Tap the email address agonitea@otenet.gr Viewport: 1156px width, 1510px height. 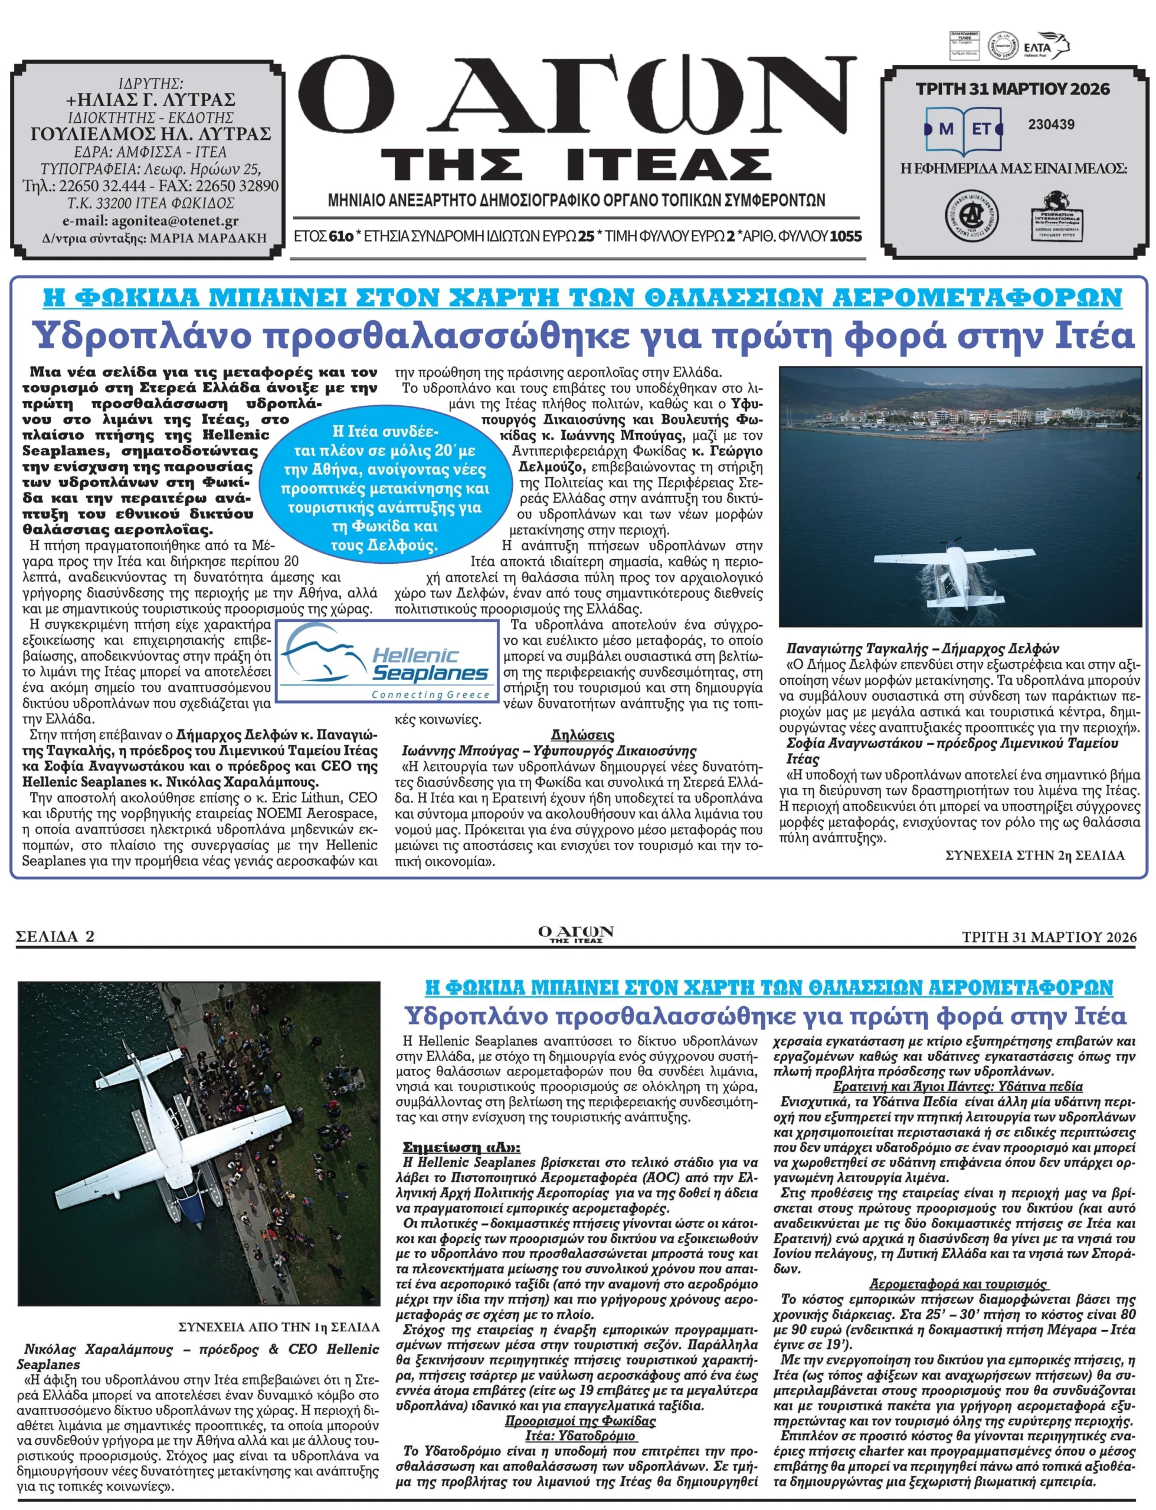[x=150, y=221]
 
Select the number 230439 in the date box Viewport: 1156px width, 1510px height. [x=1051, y=124]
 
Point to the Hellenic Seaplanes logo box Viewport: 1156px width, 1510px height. [x=387, y=661]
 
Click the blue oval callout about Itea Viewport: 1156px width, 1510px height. [x=385, y=488]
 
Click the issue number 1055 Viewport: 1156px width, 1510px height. [x=846, y=237]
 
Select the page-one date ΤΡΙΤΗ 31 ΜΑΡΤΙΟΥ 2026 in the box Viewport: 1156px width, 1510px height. [x=1013, y=88]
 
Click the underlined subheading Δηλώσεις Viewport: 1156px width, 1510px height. [x=582, y=734]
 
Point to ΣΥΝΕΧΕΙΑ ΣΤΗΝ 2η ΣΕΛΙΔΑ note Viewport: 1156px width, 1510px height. [x=1035, y=855]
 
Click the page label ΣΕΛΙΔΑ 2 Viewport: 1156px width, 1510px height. [x=55, y=936]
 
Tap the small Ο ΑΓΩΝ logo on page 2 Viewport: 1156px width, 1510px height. [x=576, y=934]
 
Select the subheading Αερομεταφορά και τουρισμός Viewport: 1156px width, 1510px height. [x=958, y=1283]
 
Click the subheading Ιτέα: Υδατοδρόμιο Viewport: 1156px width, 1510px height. [x=580, y=1436]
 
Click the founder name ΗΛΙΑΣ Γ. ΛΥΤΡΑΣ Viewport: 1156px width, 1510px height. [x=150, y=100]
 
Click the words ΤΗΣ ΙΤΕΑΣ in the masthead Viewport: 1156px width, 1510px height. [x=577, y=163]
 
